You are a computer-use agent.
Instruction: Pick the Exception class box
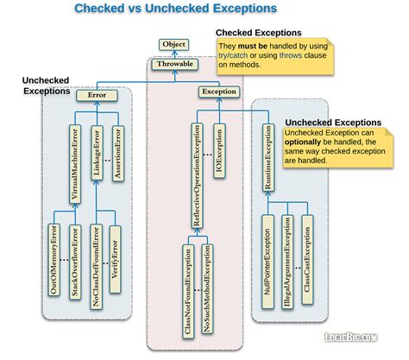click(219, 91)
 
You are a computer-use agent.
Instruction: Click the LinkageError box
click(98, 155)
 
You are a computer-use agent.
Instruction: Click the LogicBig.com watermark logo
click(370, 345)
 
